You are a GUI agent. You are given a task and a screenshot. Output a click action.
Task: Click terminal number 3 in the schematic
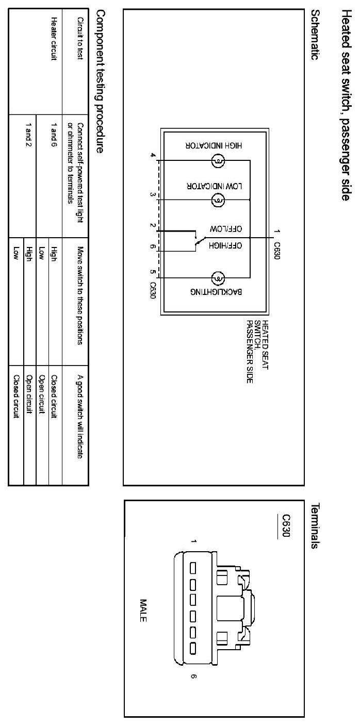click(153, 194)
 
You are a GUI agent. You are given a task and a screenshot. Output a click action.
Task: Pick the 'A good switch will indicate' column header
click(80, 410)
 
